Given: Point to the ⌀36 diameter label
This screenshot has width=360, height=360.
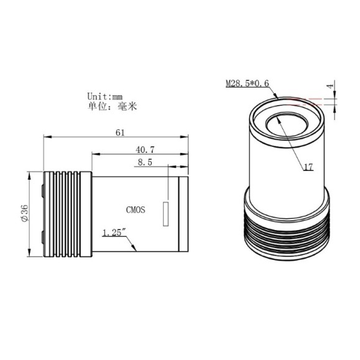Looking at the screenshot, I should pos(22,213).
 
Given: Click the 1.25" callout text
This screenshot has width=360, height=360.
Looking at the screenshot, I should pos(114,233).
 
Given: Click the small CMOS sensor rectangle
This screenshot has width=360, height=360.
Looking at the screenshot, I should pos(166,213).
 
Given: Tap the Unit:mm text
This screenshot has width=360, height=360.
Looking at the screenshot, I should pos(106,96).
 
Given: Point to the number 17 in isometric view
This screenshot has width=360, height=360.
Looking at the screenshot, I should pos(309,167).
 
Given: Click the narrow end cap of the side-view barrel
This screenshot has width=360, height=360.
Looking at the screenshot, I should pos(183,214).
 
